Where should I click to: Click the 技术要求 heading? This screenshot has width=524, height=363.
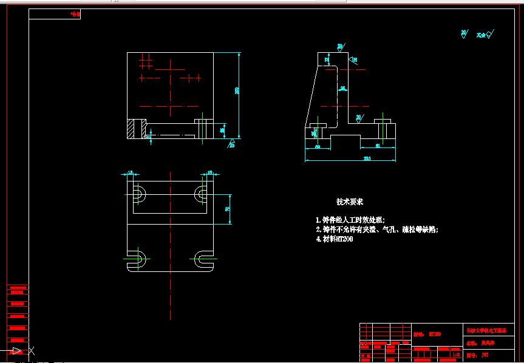[x=350, y=202]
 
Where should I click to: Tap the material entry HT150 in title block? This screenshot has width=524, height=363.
[x=434, y=334]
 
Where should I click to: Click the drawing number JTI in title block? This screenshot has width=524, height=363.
[x=484, y=355]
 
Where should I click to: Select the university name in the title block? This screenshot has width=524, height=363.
[x=486, y=331]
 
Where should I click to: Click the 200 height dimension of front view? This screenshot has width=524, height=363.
[x=237, y=91]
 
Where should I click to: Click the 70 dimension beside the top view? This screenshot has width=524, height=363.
[x=228, y=209]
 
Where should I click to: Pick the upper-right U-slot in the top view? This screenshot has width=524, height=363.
[x=202, y=194]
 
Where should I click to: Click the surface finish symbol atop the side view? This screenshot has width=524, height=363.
[x=340, y=47]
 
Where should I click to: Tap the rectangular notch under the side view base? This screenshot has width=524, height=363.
[x=345, y=142]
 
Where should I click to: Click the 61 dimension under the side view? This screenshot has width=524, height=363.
[x=378, y=146]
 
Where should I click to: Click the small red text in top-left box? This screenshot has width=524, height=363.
[x=75, y=13]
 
